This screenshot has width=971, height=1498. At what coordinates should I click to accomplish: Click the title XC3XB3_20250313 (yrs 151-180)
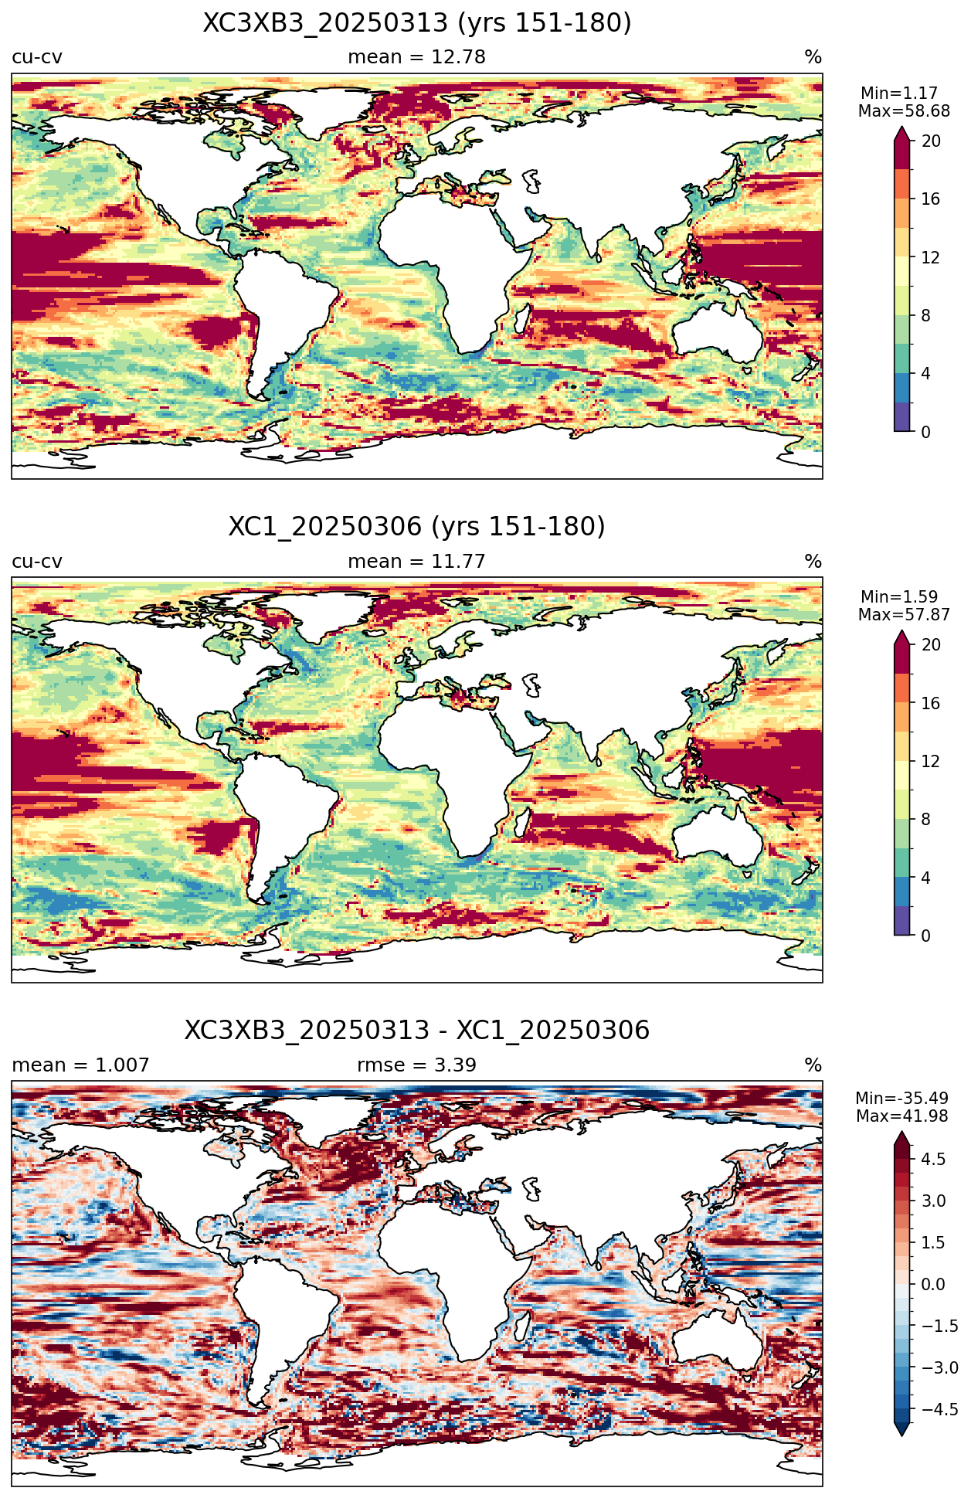(x=417, y=23)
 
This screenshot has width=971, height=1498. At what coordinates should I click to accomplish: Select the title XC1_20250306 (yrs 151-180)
(x=417, y=527)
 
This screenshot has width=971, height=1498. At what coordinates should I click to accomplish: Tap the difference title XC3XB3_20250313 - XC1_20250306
(x=417, y=1031)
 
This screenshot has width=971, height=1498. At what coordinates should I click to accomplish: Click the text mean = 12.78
(x=416, y=57)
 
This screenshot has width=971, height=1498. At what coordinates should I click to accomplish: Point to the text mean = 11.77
(x=416, y=562)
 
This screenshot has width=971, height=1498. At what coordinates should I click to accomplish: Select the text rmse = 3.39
(x=416, y=1065)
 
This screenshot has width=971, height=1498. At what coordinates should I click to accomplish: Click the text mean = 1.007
(x=80, y=1065)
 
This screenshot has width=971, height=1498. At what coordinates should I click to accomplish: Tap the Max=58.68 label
(x=904, y=111)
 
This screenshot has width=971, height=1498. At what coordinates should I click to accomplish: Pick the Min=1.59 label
(x=899, y=597)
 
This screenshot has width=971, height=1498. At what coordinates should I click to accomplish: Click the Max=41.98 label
(x=902, y=1116)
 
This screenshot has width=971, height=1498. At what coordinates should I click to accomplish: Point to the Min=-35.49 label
(x=901, y=1099)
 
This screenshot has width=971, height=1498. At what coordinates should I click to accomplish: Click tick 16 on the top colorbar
(x=930, y=199)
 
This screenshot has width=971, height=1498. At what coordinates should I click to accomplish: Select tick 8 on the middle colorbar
(x=925, y=820)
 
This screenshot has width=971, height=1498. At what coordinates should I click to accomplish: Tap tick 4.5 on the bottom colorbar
(x=933, y=1160)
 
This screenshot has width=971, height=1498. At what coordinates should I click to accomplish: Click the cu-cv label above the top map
(x=37, y=57)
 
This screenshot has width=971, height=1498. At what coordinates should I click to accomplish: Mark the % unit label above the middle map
(x=813, y=562)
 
